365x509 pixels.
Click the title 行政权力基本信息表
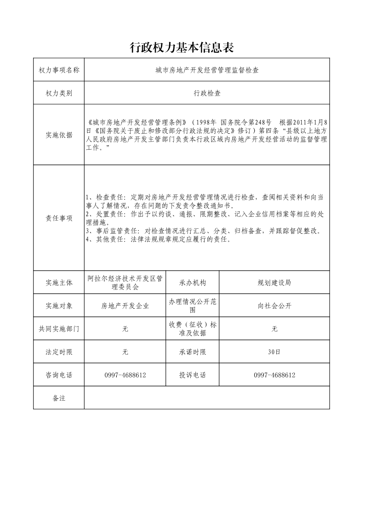point(182,47)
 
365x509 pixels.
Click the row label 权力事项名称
point(59,70)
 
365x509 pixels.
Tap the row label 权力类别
point(59,93)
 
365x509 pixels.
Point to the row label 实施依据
point(59,135)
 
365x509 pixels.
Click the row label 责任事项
point(59,218)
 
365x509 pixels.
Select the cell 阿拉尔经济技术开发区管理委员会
point(125,283)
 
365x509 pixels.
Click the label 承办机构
point(193,283)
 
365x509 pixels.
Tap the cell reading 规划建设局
point(274,283)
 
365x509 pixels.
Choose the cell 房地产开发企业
point(125,306)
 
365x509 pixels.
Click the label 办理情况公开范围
point(193,305)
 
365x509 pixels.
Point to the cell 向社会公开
point(274,306)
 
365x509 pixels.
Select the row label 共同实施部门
point(59,329)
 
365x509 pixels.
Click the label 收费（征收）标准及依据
point(193,329)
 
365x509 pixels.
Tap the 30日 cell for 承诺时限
point(274,352)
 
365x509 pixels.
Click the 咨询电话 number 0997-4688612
point(125,375)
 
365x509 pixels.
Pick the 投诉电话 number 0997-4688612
point(274,375)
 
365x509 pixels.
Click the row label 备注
point(59,398)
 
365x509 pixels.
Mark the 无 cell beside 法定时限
point(125,352)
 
